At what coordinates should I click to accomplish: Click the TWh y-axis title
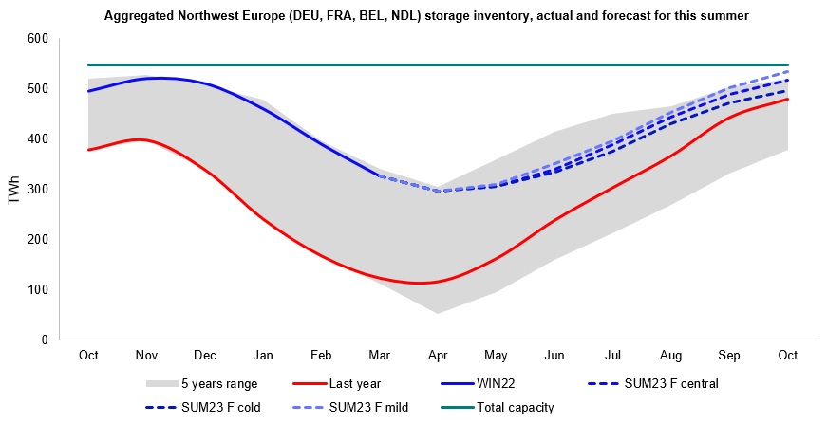[x=13, y=189]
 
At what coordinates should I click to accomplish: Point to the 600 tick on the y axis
[x=37, y=39]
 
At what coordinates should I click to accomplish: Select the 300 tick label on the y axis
[x=37, y=189]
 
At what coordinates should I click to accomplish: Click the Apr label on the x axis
[x=439, y=355]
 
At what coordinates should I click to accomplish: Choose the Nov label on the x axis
[x=146, y=355]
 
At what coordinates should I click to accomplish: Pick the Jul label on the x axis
[x=613, y=355]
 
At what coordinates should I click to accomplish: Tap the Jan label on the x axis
[x=263, y=355]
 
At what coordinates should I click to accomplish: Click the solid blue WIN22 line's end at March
[x=380, y=175]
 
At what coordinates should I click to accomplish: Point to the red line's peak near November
[x=140, y=139]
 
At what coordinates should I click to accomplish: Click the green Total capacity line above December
[x=205, y=64]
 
